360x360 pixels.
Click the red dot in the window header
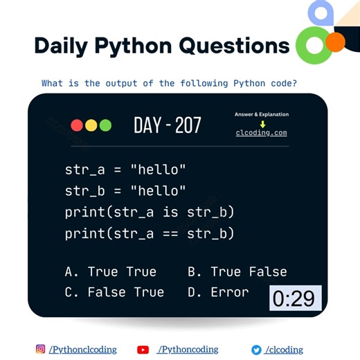coord(77,125)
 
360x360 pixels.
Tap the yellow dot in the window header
coord(91,125)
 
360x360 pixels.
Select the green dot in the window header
coord(105,125)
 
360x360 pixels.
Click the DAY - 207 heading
coord(168,125)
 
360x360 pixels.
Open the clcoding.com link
coord(261,133)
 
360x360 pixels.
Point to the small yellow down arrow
coord(262,124)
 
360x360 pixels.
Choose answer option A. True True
coord(111,271)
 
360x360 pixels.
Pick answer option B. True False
coord(237,271)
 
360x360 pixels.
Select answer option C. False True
coord(114,292)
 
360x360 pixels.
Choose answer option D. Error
coord(218,292)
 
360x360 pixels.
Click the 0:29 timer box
coord(295,298)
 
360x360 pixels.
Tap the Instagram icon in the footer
coord(40,350)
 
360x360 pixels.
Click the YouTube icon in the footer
coord(143,350)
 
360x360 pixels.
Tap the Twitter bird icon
coord(256,350)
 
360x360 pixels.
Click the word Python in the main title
coord(136,46)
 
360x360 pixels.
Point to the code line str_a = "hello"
coord(125,169)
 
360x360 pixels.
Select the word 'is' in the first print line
coord(171,212)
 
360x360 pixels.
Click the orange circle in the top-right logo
coord(335,42)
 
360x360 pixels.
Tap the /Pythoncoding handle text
coord(188,350)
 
